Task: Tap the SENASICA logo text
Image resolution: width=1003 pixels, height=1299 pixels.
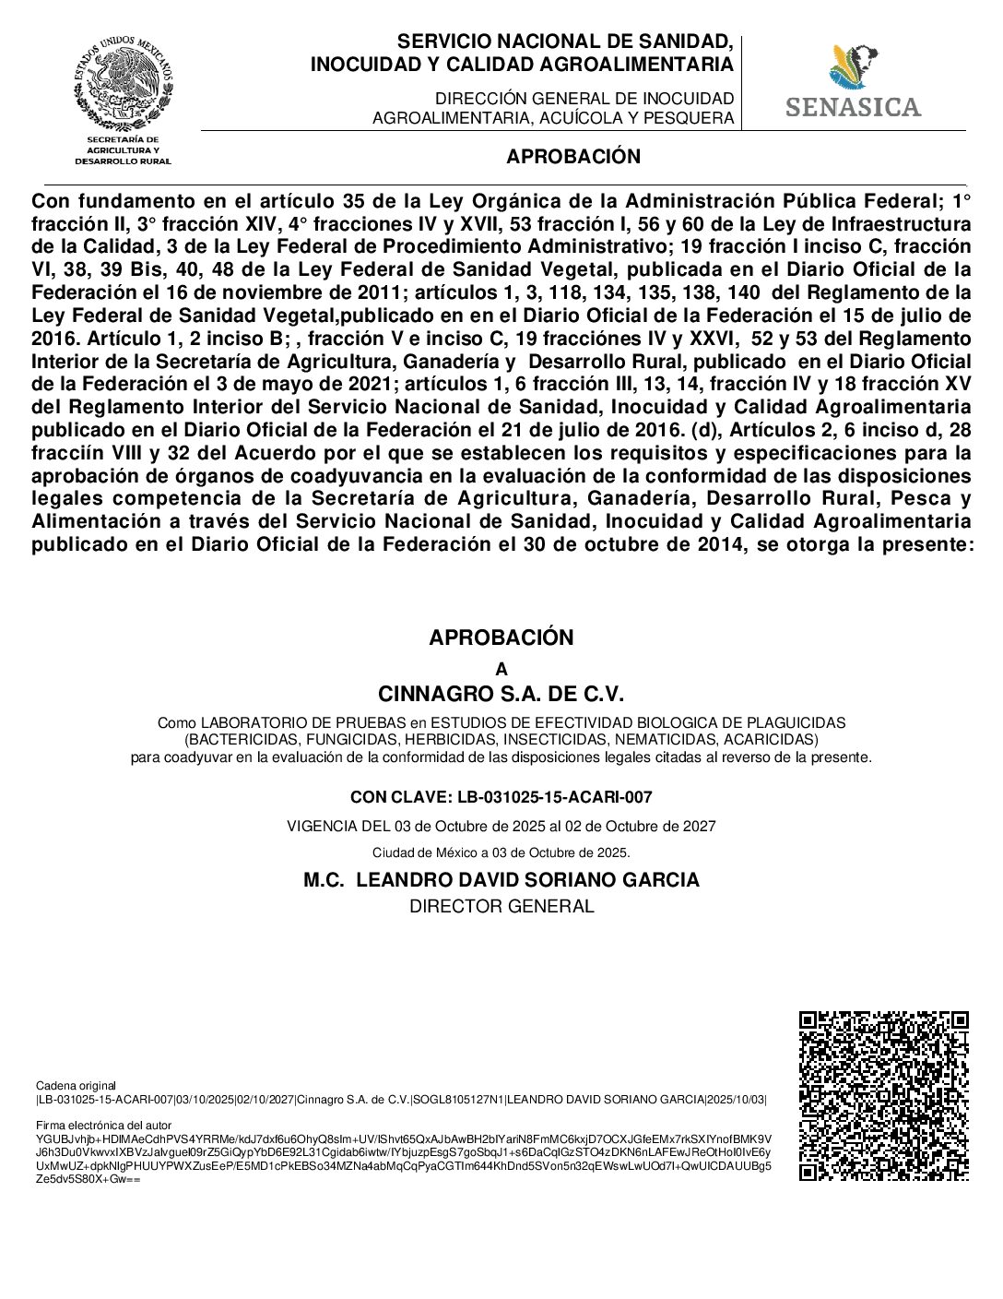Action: (853, 107)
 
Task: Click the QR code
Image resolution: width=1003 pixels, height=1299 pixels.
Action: (883, 1096)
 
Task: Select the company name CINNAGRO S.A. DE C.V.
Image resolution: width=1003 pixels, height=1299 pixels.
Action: (501, 694)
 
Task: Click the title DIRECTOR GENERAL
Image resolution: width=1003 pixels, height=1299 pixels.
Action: (501, 906)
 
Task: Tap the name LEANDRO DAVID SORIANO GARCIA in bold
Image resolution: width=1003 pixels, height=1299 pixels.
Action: (527, 880)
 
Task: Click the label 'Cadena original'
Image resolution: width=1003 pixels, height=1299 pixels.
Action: (76, 1086)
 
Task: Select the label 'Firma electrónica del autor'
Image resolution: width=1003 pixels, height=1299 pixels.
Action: (103, 1126)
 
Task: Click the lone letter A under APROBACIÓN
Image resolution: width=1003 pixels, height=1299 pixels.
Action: (501, 670)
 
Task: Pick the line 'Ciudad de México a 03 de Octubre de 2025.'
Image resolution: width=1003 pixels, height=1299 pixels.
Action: (501, 852)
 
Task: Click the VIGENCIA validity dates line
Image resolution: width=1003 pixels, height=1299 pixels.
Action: (501, 826)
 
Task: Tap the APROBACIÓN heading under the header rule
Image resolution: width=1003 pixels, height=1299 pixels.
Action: (572, 157)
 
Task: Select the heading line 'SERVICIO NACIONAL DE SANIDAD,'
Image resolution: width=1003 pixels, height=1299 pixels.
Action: (565, 42)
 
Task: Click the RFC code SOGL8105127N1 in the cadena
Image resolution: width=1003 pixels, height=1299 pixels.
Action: (457, 1099)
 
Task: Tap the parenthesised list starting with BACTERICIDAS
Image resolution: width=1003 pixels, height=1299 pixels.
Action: (501, 740)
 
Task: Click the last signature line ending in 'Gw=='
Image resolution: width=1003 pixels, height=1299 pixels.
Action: (88, 1179)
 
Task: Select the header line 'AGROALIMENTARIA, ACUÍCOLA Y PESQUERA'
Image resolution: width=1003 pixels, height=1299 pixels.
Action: (553, 118)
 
